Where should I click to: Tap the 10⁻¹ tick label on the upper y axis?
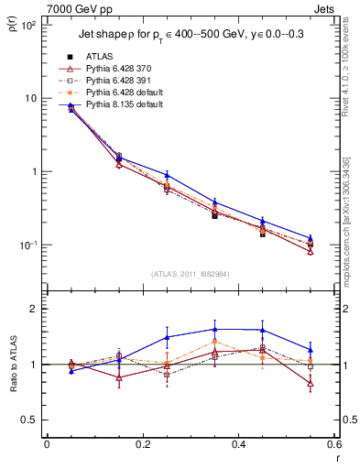point(28,245)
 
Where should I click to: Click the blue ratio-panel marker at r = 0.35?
point(214,329)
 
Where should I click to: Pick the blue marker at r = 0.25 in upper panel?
point(167,175)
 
